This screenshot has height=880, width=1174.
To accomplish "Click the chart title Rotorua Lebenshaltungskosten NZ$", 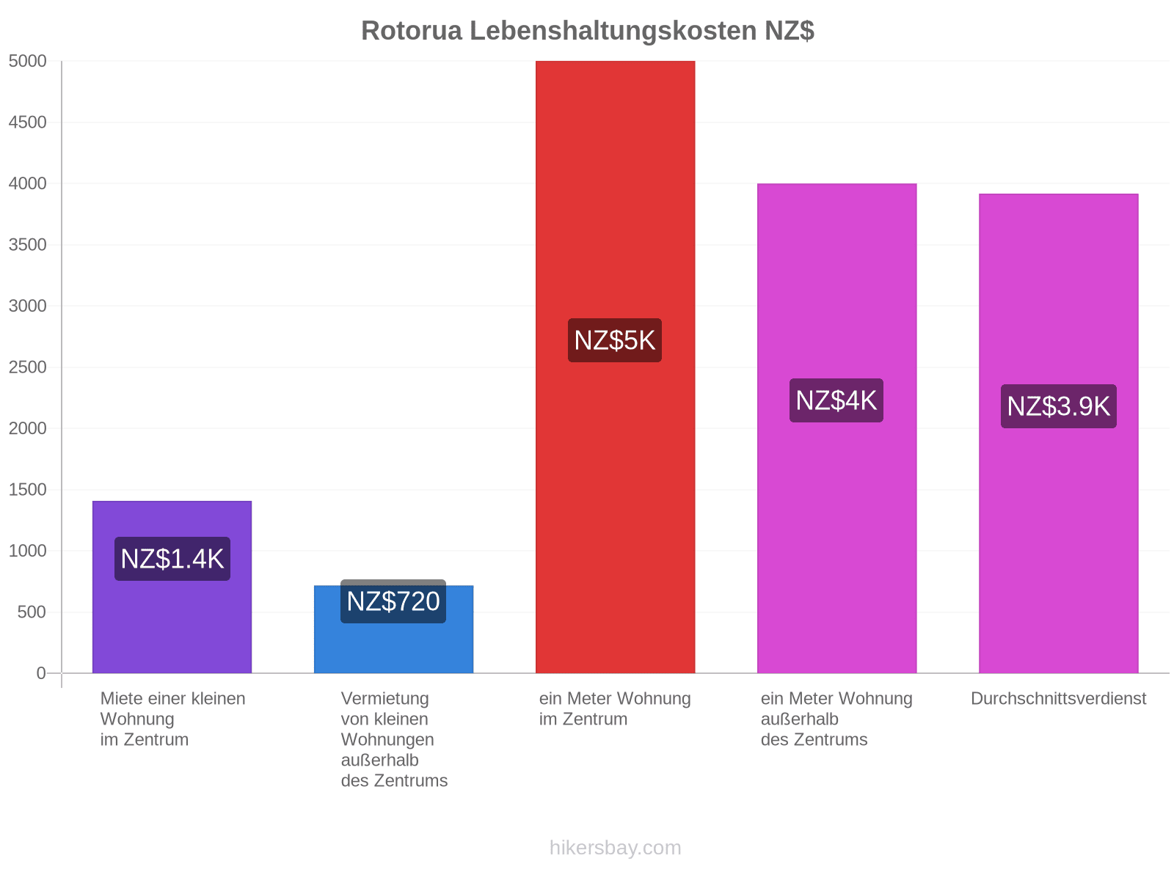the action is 587,31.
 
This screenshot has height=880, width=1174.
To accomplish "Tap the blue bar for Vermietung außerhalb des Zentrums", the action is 393,628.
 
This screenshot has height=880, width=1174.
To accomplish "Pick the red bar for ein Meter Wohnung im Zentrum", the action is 615,367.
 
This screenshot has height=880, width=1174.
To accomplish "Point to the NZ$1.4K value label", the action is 172,558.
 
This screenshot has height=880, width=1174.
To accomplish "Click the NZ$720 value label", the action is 393,601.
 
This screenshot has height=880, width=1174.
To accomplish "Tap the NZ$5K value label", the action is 614,340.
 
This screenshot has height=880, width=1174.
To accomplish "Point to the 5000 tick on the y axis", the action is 27,61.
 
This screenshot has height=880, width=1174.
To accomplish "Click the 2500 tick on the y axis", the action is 27,367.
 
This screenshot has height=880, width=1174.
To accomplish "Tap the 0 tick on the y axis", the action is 40,672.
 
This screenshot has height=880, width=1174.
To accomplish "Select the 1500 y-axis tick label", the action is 27,489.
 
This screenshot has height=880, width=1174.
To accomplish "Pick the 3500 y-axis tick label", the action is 27,245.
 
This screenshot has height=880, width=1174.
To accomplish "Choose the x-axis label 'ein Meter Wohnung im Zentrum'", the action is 615,708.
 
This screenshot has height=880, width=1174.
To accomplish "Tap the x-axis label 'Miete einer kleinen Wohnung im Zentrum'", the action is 172,719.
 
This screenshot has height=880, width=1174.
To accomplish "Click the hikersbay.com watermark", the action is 615,847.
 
